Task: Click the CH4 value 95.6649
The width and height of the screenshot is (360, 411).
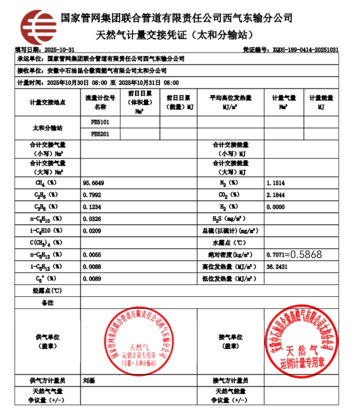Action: point(93,183)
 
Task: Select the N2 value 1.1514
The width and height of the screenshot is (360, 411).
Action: point(275,183)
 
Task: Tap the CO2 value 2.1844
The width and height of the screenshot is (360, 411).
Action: point(275,195)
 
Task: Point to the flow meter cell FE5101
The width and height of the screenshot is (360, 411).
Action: point(100,122)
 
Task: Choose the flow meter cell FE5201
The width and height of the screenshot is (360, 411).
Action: point(100,134)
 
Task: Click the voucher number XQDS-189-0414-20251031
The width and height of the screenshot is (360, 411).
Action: point(305,50)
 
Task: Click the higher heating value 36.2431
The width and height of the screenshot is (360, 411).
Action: point(277,267)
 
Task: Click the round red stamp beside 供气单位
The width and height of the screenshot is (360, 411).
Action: point(139,341)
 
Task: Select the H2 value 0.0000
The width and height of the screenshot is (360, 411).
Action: point(275,207)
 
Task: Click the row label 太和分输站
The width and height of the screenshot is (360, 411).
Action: point(47,128)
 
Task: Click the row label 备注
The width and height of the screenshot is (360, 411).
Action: point(47,303)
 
